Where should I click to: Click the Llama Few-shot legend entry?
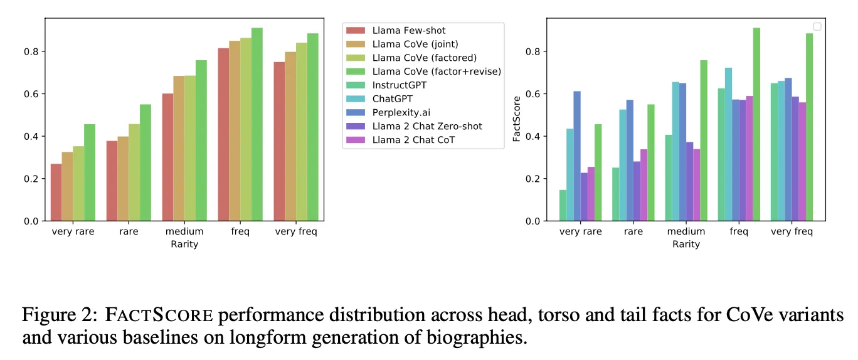click(408, 30)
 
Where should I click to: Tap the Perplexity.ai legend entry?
click(400, 112)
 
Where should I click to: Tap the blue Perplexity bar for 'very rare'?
click(577, 156)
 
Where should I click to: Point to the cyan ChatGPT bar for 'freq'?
click(729, 144)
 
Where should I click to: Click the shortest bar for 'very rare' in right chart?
click(563, 205)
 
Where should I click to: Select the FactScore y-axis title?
click(517, 119)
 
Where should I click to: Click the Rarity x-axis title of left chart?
click(184, 244)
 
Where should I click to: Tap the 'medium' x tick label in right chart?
click(686, 231)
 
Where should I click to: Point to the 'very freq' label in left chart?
click(296, 231)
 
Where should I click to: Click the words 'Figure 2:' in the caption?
click(57, 315)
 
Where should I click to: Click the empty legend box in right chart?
click(817, 26)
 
